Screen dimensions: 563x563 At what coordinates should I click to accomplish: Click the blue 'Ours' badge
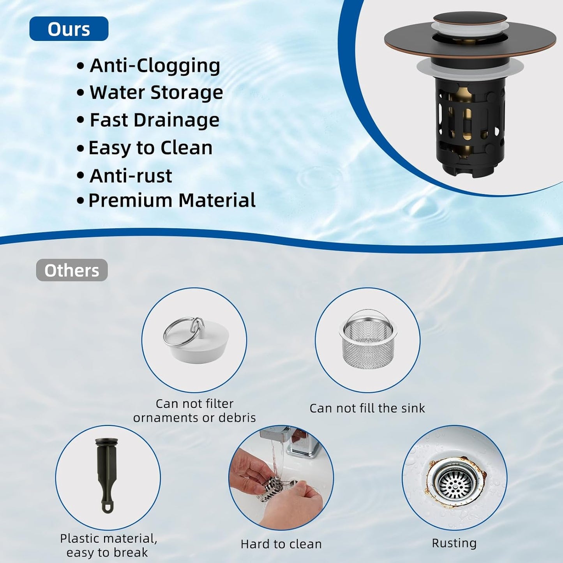click(69, 29)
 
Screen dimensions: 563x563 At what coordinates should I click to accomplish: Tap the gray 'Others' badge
click(72, 270)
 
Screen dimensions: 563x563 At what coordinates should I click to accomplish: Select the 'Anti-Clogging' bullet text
click(155, 65)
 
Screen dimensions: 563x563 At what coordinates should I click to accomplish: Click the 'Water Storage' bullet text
click(156, 93)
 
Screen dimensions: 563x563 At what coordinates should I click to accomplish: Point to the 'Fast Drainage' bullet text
click(154, 120)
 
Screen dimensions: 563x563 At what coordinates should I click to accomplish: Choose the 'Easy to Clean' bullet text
click(150, 148)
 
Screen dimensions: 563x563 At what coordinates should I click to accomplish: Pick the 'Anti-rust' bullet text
click(131, 176)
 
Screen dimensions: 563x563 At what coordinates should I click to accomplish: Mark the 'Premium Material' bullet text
click(172, 200)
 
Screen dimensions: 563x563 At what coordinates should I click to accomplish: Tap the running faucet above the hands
click(296, 440)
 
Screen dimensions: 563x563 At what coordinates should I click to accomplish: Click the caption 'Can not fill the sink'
click(367, 408)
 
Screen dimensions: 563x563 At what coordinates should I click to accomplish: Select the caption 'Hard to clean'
click(281, 544)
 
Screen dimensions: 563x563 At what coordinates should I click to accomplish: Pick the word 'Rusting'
click(454, 543)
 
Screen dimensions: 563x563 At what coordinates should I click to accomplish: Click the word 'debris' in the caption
click(237, 418)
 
